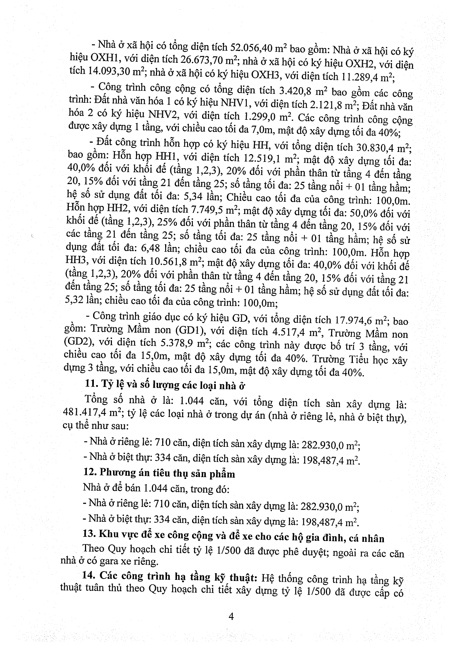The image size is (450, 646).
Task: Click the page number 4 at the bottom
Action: [x=231, y=616]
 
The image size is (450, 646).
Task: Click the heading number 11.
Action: [x=90, y=385]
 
